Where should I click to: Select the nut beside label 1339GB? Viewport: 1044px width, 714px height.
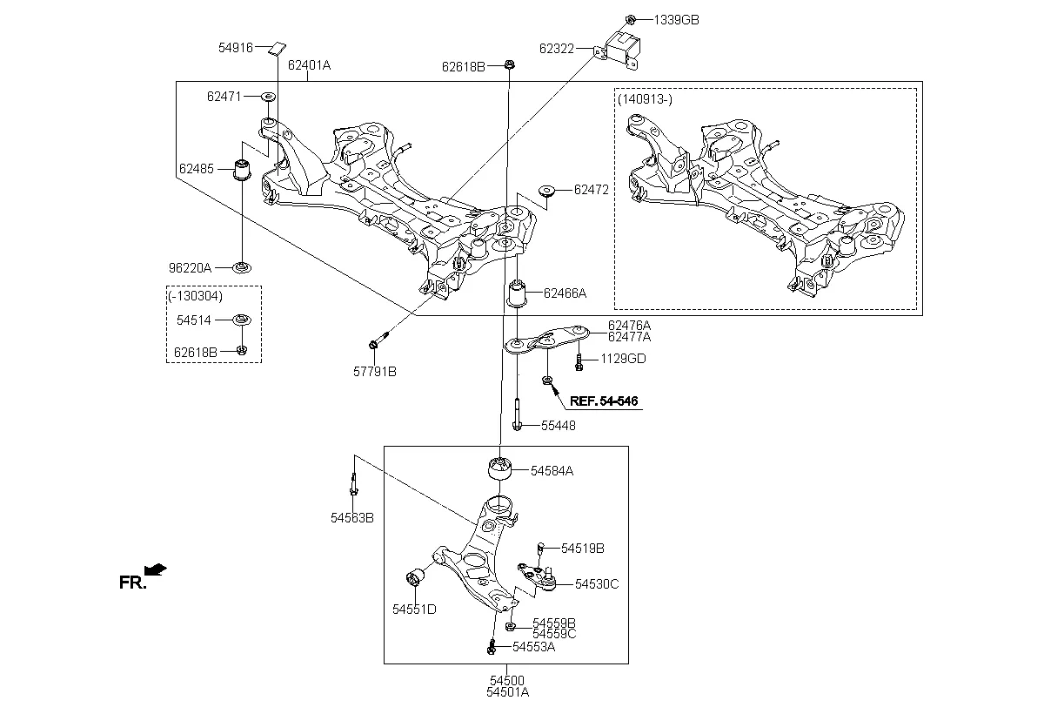(x=631, y=19)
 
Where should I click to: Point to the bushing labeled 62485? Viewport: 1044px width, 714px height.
(x=244, y=169)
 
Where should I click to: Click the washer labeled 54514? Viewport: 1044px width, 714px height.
(x=242, y=320)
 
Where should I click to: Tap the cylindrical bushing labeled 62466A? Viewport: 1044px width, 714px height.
(x=519, y=293)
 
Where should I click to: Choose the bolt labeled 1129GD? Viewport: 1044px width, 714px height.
(x=579, y=360)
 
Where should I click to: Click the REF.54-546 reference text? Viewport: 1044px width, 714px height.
(x=604, y=401)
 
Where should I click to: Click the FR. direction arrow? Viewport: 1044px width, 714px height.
(x=156, y=569)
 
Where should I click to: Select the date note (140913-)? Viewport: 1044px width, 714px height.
(x=645, y=99)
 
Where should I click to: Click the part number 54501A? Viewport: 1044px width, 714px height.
(x=507, y=693)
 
